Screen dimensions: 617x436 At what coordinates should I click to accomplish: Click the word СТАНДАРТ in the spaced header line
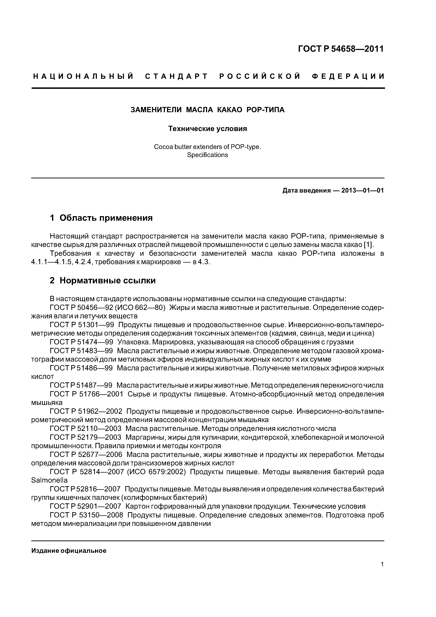(x=176, y=77)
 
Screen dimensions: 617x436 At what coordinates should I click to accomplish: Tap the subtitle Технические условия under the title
(x=207, y=129)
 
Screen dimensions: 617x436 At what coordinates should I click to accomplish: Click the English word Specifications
(x=207, y=155)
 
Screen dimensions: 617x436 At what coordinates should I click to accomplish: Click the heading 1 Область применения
(x=101, y=218)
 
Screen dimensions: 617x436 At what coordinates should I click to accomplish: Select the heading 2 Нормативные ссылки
(x=103, y=281)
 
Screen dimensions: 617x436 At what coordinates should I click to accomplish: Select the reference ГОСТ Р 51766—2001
(x=86, y=394)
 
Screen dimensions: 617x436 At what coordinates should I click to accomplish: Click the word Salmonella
(x=49, y=480)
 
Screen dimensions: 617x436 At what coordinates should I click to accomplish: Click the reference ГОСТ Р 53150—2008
(x=86, y=515)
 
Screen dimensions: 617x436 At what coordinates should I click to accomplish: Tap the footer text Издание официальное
(x=69, y=551)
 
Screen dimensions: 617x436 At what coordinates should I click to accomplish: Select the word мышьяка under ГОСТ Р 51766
(x=47, y=403)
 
